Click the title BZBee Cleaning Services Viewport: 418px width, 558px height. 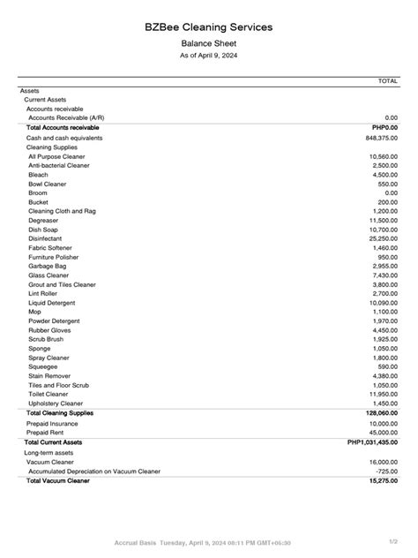[209, 27]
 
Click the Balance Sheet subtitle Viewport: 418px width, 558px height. [209, 43]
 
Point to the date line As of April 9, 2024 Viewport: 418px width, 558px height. [209, 56]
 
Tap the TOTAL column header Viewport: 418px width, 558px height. [387, 80]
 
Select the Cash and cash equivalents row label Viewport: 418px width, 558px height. [64, 138]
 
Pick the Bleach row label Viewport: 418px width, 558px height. [39, 175]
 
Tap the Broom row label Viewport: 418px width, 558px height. [38, 192]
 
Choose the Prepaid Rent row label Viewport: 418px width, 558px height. [47, 433]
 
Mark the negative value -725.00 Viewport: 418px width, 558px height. [386, 471]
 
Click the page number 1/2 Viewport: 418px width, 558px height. [393, 541]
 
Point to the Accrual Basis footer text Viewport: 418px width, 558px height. [137, 542]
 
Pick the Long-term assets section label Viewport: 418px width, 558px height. [49, 452]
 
